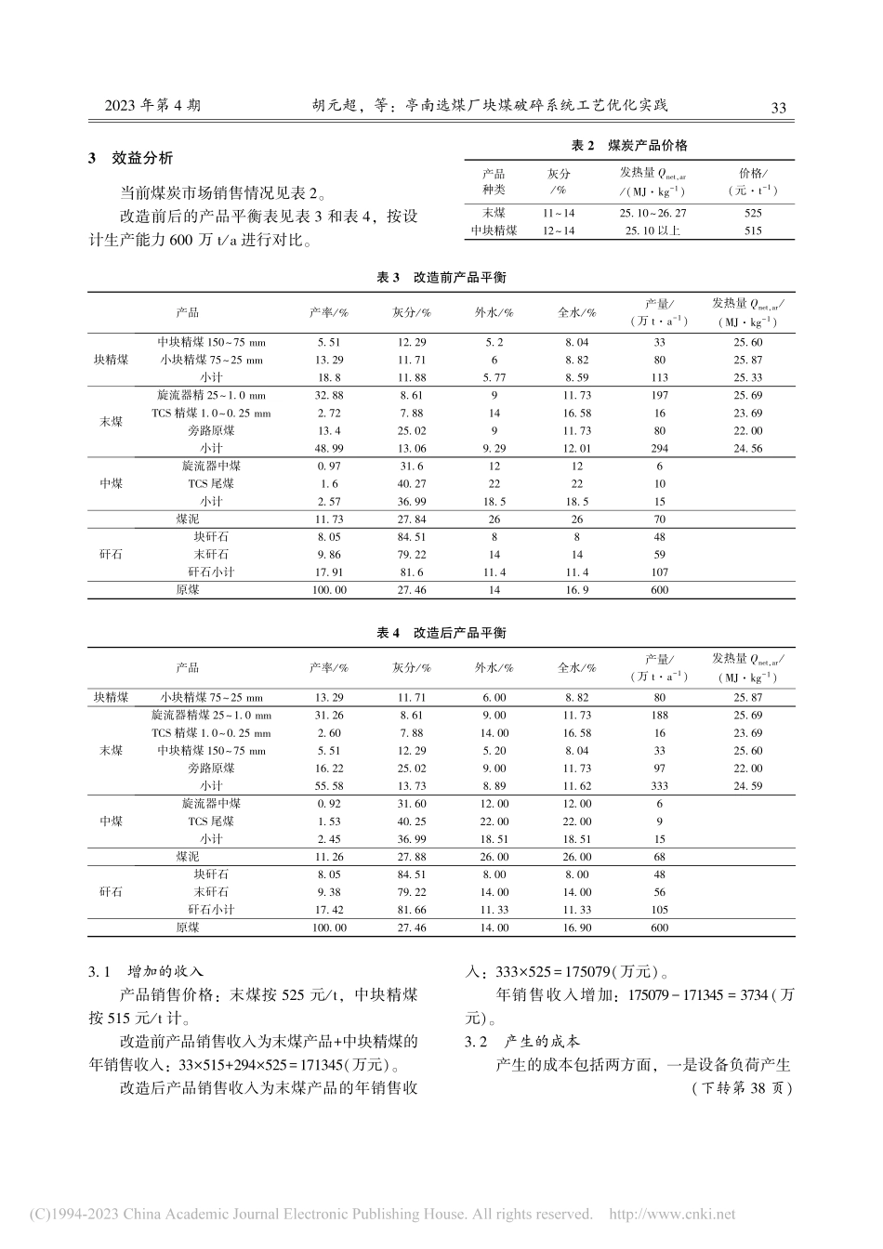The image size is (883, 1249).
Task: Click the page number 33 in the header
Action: click(x=778, y=107)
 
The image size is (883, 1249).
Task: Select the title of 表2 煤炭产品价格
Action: click(x=629, y=145)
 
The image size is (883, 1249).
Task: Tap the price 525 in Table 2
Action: click(x=753, y=213)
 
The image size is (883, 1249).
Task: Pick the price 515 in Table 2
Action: click(x=753, y=230)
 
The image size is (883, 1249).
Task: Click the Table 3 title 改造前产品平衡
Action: click(x=441, y=277)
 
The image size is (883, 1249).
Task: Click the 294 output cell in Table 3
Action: click(x=660, y=448)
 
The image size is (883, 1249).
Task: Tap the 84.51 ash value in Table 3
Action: click(x=411, y=536)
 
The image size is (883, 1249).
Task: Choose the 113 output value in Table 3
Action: click(x=660, y=377)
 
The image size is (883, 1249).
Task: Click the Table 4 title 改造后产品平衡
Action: click(x=441, y=632)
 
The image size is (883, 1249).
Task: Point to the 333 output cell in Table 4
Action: click(x=660, y=785)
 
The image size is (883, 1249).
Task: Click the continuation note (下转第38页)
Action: click(x=741, y=1088)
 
